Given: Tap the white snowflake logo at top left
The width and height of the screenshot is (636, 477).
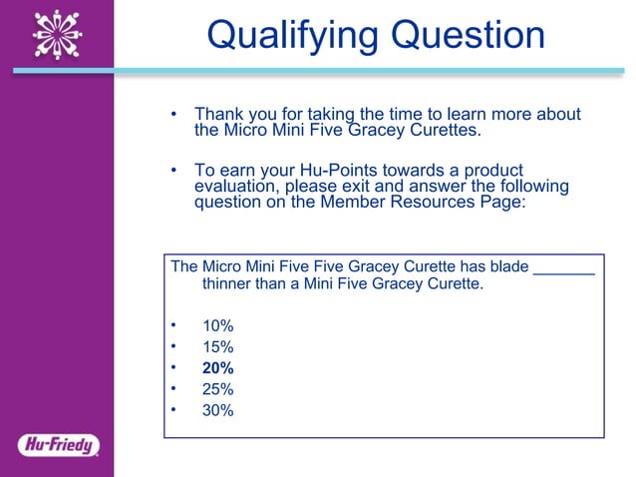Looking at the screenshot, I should (x=57, y=35).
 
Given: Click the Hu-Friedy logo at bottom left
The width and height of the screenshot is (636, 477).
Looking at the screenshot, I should (x=58, y=445).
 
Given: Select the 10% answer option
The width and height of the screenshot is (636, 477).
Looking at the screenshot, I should (x=217, y=326).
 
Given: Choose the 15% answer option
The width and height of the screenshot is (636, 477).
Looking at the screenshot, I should (x=217, y=347).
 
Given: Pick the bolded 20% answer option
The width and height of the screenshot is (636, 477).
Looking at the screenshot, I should (x=217, y=368).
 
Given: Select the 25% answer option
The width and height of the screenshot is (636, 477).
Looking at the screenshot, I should (x=217, y=388).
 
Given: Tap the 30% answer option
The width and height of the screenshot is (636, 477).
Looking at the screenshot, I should (x=217, y=409).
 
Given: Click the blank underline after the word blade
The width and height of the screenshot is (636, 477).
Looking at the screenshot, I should (x=564, y=266).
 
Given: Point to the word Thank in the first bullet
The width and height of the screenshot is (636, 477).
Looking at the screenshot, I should (x=218, y=114).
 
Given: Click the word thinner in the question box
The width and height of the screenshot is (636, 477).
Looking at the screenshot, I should (x=229, y=284).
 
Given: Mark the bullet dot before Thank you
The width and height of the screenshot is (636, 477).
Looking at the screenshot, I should (x=173, y=115).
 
